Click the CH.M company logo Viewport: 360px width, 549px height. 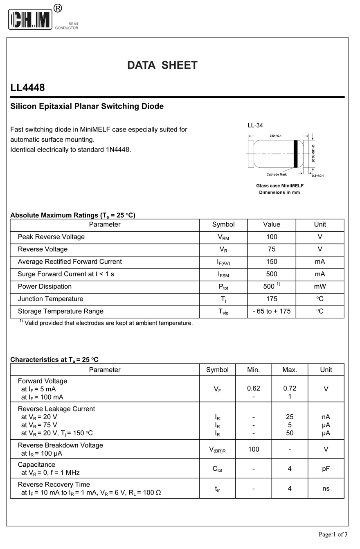(x=31, y=19)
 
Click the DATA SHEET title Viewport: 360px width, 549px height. (x=162, y=65)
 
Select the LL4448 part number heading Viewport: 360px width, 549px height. (x=27, y=88)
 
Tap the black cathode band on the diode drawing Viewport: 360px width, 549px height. (x=296, y=154)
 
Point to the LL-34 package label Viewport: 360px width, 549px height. (x=255, y=125)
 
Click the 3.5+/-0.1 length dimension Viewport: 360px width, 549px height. (x=275, y=136)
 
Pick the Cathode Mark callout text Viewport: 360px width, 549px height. (x=277, y=174)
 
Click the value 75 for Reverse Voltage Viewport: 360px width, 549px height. (x=272, y=249)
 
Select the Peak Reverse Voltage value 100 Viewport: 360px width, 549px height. (x=272, y=237)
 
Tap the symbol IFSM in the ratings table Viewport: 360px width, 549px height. (x=223, y=274)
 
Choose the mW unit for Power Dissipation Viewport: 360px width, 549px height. (x=320, y=287)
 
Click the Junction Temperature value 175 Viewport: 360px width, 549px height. (x=272, y=299)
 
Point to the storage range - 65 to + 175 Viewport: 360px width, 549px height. (x=272, y=311)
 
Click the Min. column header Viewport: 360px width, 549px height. (x=254, y=370)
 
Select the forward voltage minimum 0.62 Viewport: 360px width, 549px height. (x=254, y=388)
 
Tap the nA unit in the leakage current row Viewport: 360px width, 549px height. (x=326, y=417)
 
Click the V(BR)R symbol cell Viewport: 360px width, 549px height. (x=218, y=450)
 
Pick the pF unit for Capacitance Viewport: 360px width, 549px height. (x=326, y=468)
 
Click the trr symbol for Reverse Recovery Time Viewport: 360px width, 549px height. (x=218, y=488)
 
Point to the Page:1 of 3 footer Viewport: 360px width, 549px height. (x=333, y=534)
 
